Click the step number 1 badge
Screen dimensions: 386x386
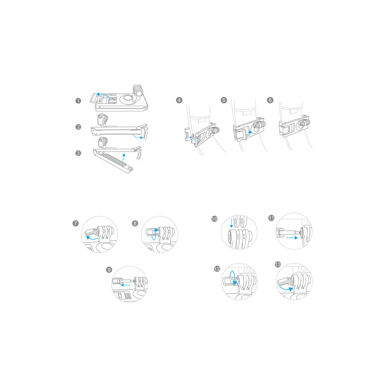[x=78, y=101]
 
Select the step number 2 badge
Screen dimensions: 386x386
[x=78, y=127]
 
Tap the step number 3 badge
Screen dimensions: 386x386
[x=78, y=153]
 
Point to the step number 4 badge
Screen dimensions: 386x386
[x=179, y=100]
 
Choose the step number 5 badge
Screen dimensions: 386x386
[x=224, y=100]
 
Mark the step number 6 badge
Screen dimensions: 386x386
[x=270, y=100]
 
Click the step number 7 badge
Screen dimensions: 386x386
[x=76, y=223]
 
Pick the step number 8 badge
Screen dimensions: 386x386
[x=135, y=223]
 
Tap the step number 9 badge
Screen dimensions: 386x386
[x=109, y=270]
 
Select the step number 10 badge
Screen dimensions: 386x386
[x=215, y=219]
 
